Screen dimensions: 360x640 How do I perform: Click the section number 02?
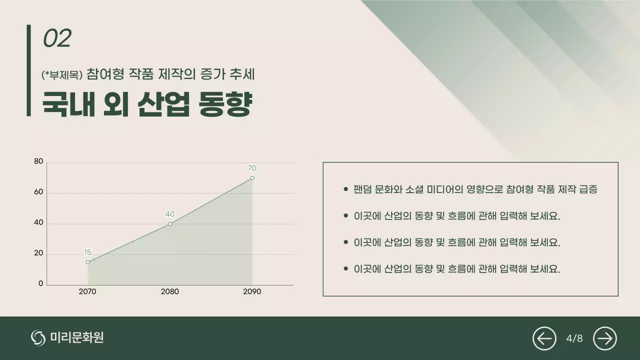(57, 38)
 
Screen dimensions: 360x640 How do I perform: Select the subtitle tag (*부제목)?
(62, 75)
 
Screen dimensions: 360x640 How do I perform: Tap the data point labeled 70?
(252, 178)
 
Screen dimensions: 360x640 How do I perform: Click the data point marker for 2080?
(170, 223)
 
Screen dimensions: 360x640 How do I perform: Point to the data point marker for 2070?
(88, 262)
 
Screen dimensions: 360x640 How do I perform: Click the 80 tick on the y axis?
(38, 161)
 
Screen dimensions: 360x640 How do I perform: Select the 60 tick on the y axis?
(38, 192)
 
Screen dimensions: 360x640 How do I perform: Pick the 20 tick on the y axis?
(38, 253)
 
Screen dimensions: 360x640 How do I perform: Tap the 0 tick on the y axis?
(41, 283)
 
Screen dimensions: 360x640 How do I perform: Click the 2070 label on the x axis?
(87, 292)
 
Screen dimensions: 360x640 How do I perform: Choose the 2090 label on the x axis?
(252, 292)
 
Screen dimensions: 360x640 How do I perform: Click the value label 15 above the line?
(87, 252)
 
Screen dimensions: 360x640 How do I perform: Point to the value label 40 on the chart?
(170, 214)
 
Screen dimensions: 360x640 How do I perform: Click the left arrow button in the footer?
(544, 338)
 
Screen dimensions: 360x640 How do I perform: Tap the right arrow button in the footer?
(605, 338)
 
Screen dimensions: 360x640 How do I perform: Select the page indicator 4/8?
(574, 338)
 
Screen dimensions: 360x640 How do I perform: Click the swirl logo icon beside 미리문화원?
(38, 338)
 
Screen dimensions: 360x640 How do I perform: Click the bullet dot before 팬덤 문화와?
(345, 189)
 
